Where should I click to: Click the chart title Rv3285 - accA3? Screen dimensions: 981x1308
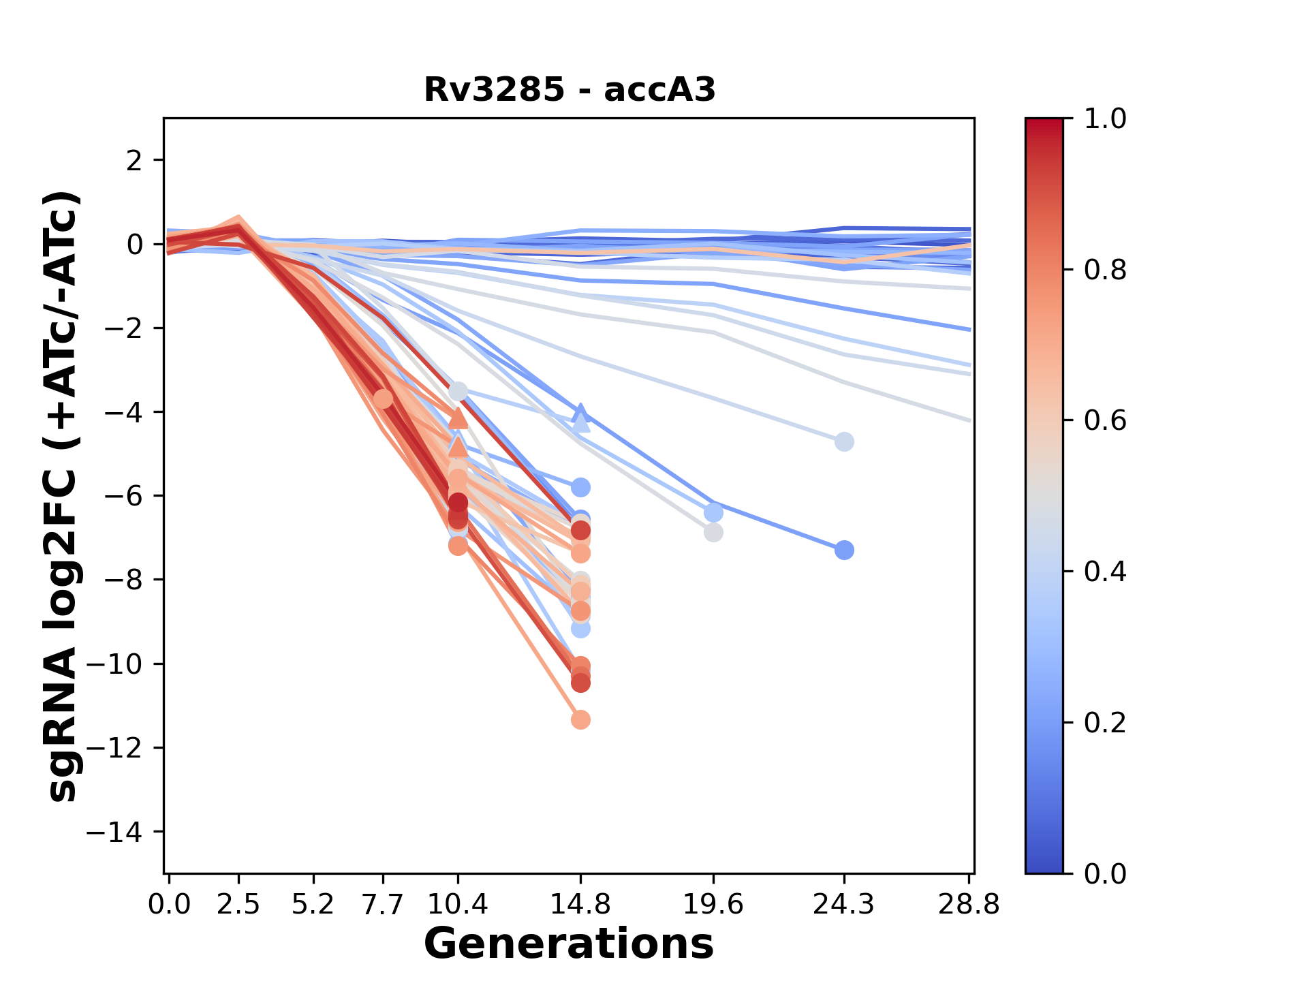click(570, 90)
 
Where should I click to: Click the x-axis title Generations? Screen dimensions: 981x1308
click(569, 944)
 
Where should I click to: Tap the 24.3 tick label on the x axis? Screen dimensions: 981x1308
click(844, 905)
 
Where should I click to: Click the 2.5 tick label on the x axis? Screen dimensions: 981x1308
click(239, 905)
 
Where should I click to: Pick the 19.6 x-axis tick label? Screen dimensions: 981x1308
click(713, 905)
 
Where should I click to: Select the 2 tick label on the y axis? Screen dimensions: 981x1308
click(135, 161)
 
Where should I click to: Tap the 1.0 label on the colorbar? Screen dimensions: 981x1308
click(1105, 119)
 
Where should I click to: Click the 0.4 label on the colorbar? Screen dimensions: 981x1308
click(1105, 572)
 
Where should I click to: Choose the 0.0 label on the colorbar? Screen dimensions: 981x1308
click(1105, 873)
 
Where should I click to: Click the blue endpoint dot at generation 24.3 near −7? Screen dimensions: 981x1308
click(844, 550)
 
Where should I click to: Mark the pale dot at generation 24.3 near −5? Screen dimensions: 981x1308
click(844, 442)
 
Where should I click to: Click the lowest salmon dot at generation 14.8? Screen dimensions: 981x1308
click(580, 719)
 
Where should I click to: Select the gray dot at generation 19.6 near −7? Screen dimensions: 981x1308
click(713, 533)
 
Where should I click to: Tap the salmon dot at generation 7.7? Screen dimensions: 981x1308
click(384, 399)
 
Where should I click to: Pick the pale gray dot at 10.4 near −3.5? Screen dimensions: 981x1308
click(458, 392)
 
